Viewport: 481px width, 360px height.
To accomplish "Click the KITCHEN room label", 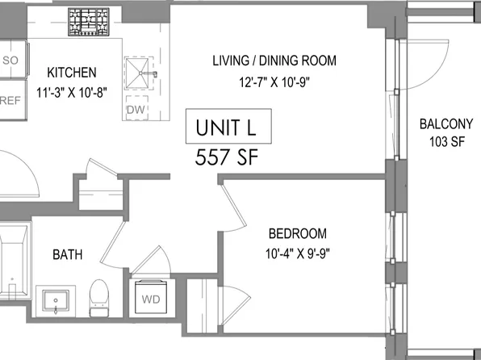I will (72, 72).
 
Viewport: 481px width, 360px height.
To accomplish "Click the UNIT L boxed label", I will (228, 128).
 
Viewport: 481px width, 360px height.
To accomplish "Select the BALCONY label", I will (445, 124).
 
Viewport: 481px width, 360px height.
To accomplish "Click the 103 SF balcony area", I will (445, 142).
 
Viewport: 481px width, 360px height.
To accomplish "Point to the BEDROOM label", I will (297, 234).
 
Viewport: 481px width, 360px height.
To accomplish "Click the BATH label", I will (67, 255).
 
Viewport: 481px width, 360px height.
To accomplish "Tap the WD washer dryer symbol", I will (150, 298).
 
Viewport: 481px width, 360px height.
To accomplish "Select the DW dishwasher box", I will (134, 110).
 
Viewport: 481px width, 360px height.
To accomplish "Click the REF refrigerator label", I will (10, 101).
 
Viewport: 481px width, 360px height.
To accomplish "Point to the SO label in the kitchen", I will (11, 60).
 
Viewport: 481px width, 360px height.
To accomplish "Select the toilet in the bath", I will (99, 295).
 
